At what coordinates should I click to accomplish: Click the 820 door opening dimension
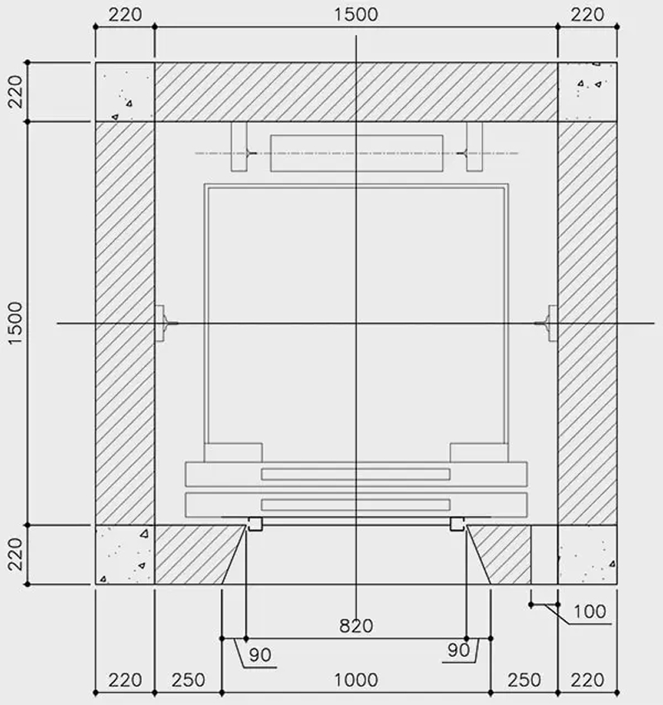[356, 625]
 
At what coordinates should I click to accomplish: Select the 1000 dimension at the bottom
[356, 680]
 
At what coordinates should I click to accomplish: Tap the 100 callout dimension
[590, 611]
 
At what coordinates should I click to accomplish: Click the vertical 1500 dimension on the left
[15, 323]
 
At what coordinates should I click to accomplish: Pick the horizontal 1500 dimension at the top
[356, 14]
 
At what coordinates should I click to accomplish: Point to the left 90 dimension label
[260, 654]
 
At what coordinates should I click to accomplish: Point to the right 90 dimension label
[458, 649]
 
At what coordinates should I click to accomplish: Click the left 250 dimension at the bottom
[188, 680]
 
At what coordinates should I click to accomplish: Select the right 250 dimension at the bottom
[525, 680]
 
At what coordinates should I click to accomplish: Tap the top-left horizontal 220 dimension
[125, 14]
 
